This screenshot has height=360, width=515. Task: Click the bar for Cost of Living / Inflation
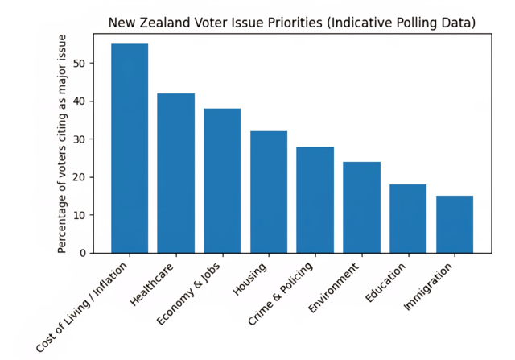click(x=130, y=148)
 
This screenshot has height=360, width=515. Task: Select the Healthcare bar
click(x=175, y=173)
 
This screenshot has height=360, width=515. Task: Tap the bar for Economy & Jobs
click(x=222, y=180)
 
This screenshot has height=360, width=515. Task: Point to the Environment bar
click(x=361, y=207)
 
